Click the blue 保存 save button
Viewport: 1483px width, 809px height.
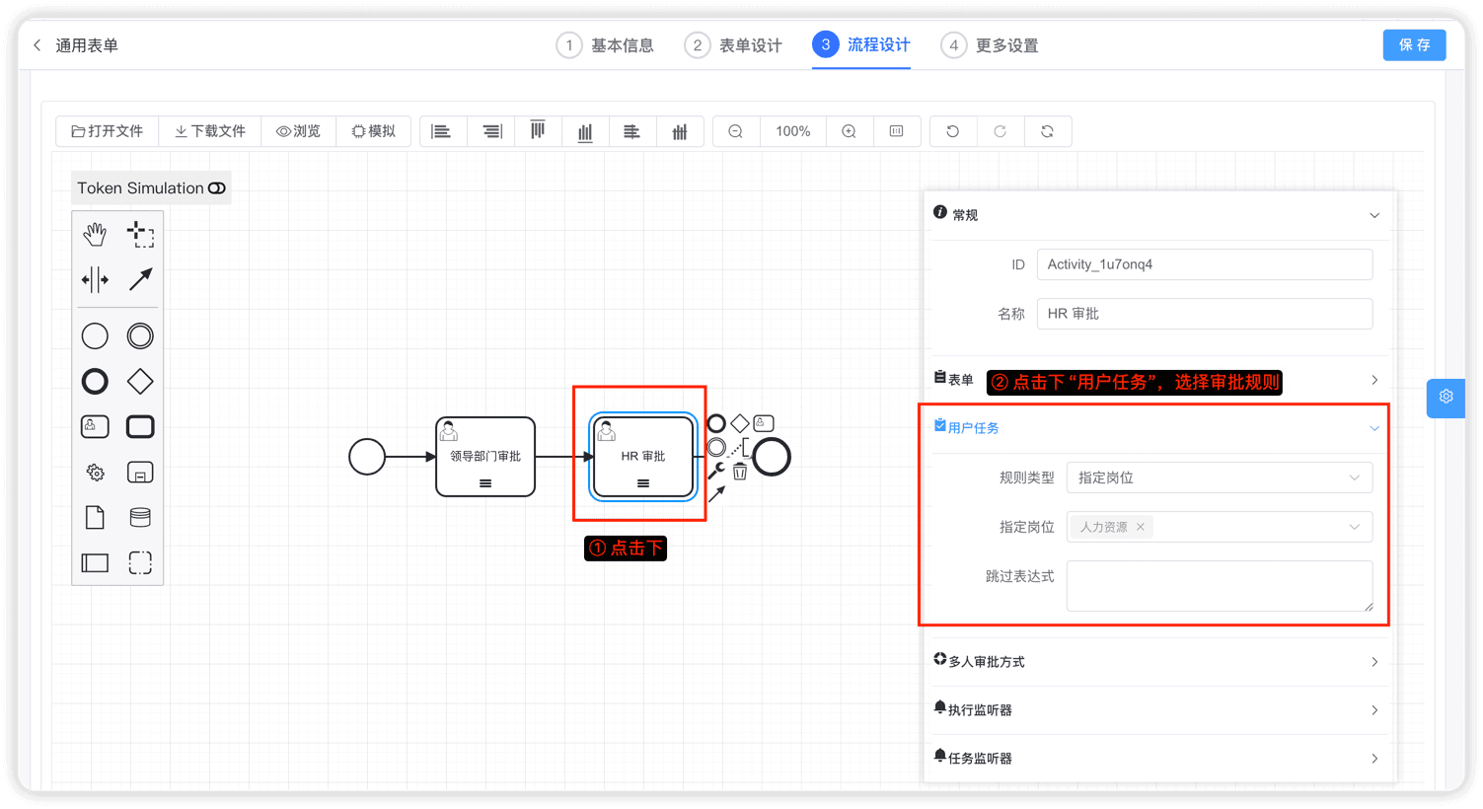[x=1414, y=45]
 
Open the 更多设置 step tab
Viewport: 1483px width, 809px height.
[x=990, y=45]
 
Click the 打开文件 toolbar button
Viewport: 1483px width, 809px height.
[x=108, y=131]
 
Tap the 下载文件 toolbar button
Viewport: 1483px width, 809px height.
[x=210, y=131]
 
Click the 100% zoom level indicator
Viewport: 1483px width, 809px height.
[x=793, y=131]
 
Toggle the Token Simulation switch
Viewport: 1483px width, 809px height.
[x=216, y=188]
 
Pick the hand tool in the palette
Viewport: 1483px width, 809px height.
[x=95, y=235]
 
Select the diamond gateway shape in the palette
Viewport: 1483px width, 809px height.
[x=140, y=382]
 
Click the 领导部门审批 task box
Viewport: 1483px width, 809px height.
[x=485, y=456]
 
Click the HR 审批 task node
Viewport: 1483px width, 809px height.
[x=643, y=456]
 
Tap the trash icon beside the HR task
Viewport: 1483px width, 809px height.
[x=740, y=472]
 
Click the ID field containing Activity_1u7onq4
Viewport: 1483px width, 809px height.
[x=1205, y=264]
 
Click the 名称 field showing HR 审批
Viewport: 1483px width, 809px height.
[x=1205, y=313]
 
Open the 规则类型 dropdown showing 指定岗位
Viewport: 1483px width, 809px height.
[x=1219, y=478]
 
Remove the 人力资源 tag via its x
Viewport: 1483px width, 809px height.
[x=1140, y=527]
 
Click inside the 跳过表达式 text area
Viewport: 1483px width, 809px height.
[x=1219, y=585]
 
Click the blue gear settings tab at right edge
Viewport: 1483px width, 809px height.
[x=1446, y=397]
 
